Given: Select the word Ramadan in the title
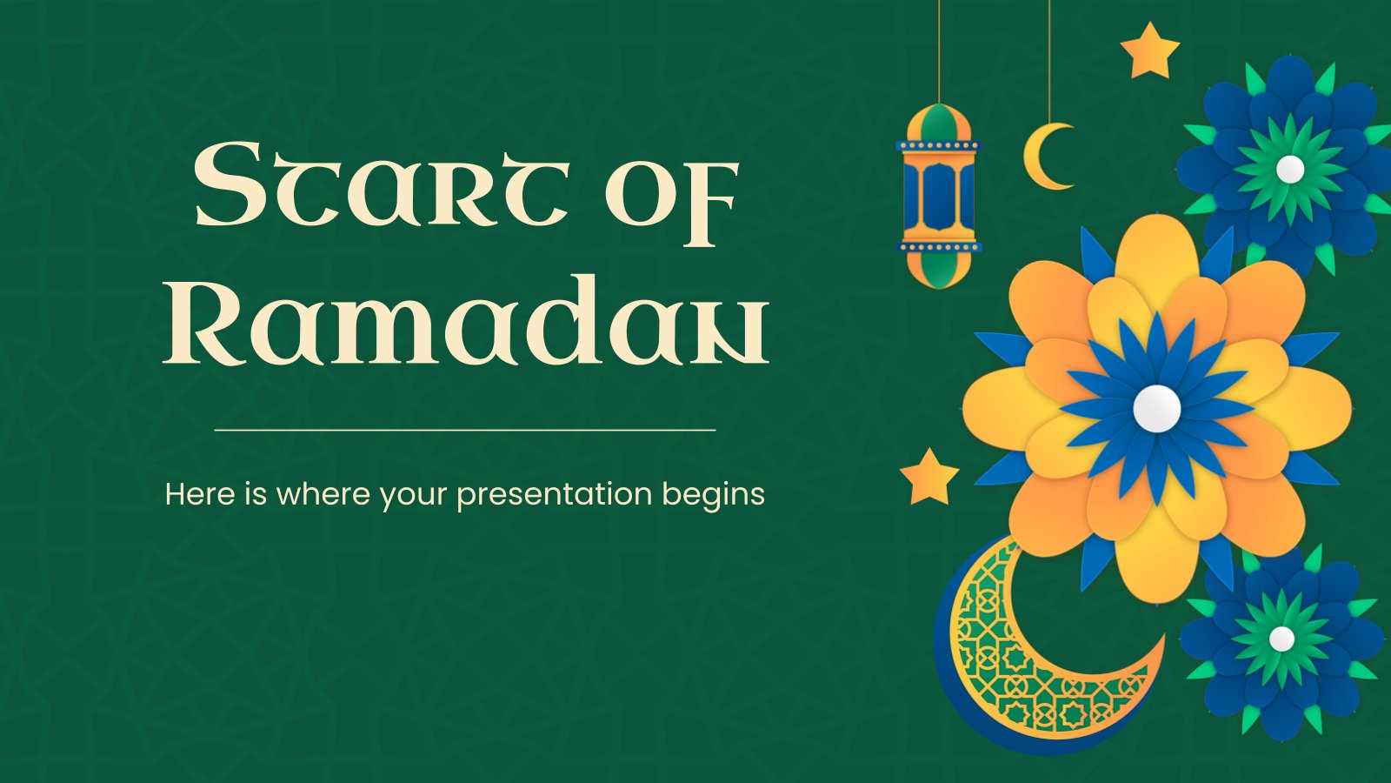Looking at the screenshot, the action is click(x=466, y=320).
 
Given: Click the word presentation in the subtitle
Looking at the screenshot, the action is click(x=555, y=495).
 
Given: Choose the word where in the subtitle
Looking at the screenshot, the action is click(x=323, y=495).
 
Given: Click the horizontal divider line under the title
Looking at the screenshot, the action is click(x=465, y=430).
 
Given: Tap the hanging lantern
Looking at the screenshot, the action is click(x=938, y=196).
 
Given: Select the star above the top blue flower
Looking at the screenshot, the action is click(x=1150, y=51).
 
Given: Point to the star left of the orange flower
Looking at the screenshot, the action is click(x=929, y=478).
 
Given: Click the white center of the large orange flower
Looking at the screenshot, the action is click(x=1157, y=408).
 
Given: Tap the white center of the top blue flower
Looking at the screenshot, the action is click(x=1290, y=169).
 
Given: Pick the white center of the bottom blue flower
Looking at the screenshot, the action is click(x=1281, y=639).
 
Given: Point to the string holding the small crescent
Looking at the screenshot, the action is click(x=1049, y=62).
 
